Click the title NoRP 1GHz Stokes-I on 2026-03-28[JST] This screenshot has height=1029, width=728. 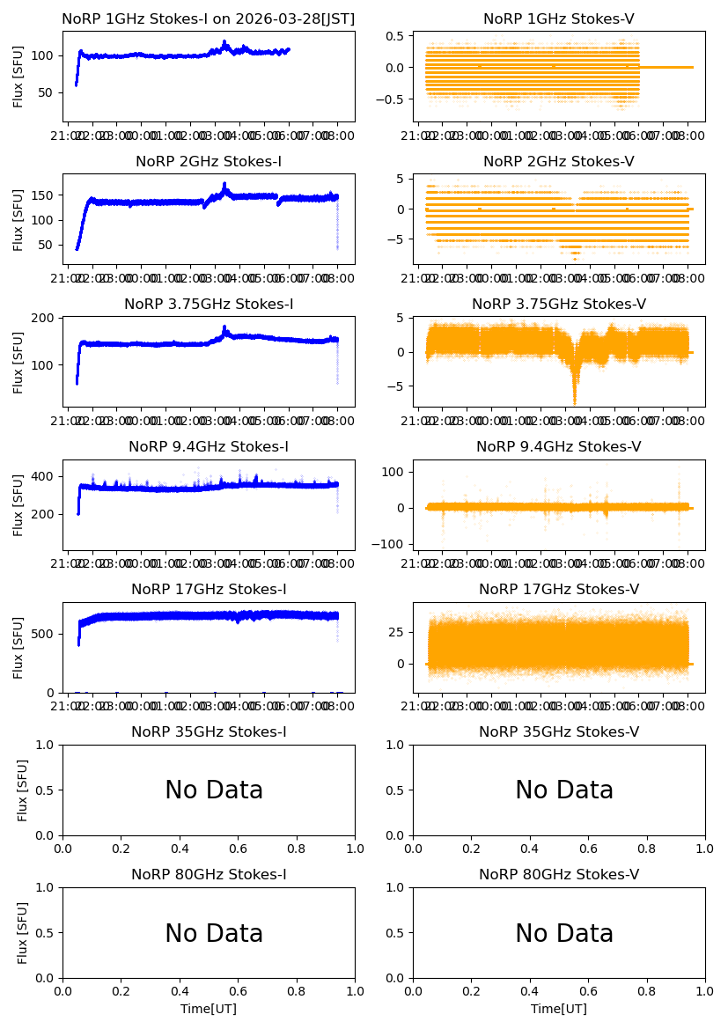click(x=209, y=18)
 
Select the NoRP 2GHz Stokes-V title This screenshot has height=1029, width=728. click(x=559, y=161)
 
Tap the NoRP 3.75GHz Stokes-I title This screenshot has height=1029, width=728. click(x=209, y=304)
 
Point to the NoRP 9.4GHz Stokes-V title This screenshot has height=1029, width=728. click(x=559, y=446)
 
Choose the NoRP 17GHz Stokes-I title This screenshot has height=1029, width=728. click(x=209, y=589)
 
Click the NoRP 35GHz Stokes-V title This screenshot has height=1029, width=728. click(x=559, y=731)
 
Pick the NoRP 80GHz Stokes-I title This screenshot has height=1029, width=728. click(x=209, y=874)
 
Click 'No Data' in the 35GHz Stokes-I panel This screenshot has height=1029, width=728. click(x=214, y=790)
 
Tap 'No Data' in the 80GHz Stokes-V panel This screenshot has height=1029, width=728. click(x=564, y=933)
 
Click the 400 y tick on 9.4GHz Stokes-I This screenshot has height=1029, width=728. click(x=46, y=476)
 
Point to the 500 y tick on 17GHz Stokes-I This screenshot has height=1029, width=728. click(x=46, y=634)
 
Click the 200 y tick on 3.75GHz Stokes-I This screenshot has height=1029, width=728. click(x=46, y=318)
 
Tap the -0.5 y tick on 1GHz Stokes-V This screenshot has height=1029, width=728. click(x=393, y=99)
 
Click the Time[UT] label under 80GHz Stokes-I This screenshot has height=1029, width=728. click(x=209, y=1009)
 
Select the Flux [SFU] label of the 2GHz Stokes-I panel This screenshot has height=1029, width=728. click(x=18, y=218)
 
